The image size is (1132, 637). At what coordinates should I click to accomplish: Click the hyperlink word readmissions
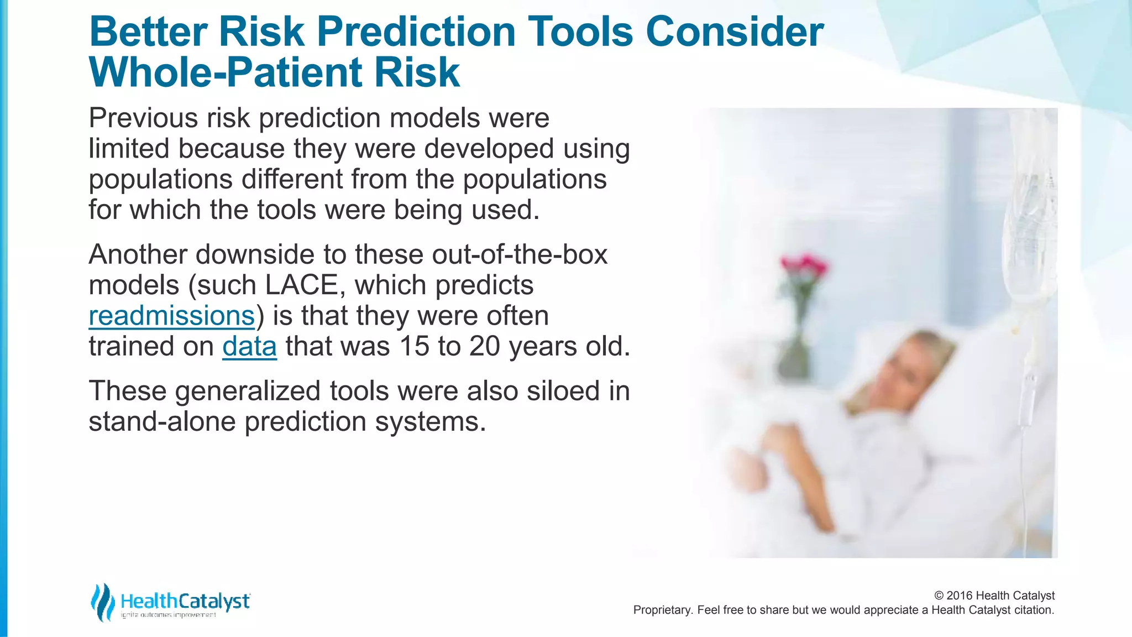[171, 316]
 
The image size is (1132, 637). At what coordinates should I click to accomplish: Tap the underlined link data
[249, 347]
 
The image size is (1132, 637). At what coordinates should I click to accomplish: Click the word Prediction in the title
[416, 32]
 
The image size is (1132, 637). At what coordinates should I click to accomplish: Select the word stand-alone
[162, 422]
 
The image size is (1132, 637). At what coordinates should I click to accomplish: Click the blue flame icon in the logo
[102, 602]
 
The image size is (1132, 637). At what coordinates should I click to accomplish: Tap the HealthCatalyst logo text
[185, 601]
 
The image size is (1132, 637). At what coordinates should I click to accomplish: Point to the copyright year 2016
[960, 596]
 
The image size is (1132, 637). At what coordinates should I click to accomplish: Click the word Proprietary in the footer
[661, 610]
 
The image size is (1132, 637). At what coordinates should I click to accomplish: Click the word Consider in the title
[735, 32]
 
